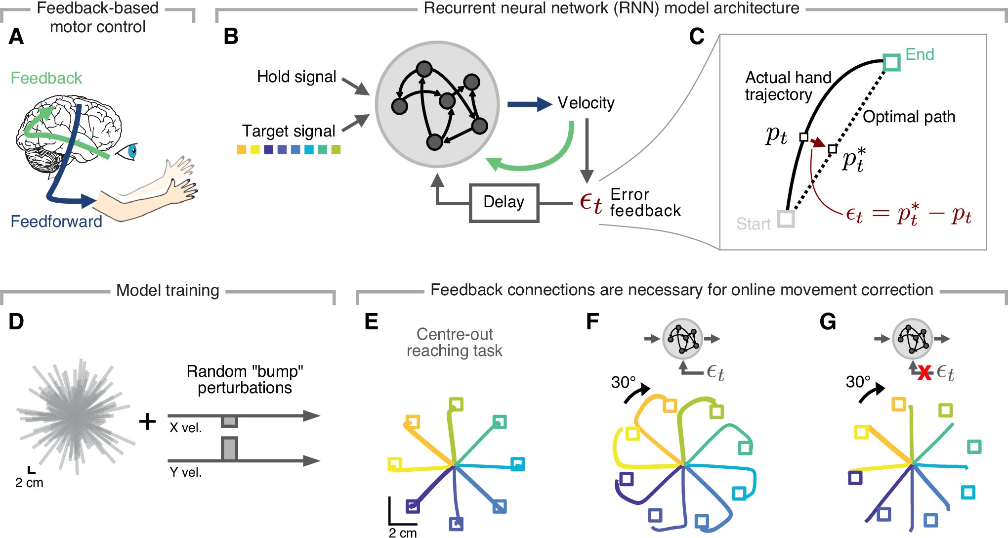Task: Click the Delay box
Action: tap(504, 202)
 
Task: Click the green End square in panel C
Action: tap(891, 63)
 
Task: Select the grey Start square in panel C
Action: tap(786, 219)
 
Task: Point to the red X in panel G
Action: tap(924, 373)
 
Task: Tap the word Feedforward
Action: tap(56, 221)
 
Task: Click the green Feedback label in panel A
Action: tap(46, 78)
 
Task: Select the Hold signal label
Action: tap(296, 77)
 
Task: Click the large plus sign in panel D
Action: tap(147, 421)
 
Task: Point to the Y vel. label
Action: tap(186, 472)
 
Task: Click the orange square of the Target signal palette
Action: tap(242, 149)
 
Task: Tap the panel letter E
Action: tap(371, 322)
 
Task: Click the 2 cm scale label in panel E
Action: tap(402, 533)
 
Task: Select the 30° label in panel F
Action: tap(623, 382)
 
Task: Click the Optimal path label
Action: tap(909, 117)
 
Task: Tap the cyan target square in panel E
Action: tap(517, 464)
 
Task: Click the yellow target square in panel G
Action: tap(861, 432)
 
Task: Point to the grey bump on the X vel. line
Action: tap(229, 421)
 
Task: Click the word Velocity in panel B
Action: tap(586, 103)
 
